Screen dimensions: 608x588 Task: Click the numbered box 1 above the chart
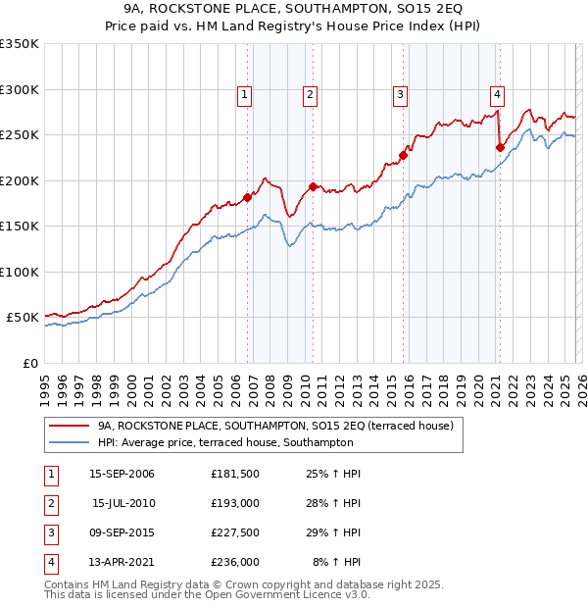coord(244,95)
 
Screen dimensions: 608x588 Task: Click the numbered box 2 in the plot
coord(310,95)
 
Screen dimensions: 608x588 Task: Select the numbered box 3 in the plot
coord(401,95)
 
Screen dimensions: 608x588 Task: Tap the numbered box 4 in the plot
coord(497,95)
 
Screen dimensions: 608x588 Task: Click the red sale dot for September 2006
coord(247,197)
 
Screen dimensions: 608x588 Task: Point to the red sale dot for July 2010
coord(313,186)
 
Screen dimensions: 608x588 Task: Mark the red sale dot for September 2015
coord(403,155)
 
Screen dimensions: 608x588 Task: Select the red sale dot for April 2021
coord(500,148)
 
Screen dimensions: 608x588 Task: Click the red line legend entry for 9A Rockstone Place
coord(274,427)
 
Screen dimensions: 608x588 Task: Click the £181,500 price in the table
coord(234,474)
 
